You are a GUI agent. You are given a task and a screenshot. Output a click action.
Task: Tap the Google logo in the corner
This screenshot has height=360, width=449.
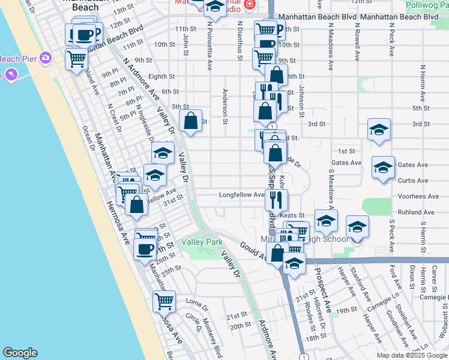click(20, 353)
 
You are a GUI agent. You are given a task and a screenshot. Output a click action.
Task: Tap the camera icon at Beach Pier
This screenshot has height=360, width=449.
click(45, 58)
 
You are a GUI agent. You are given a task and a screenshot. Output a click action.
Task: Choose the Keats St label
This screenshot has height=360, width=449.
click(294, 215)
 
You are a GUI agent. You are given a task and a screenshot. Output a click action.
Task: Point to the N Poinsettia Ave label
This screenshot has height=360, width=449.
click(210, 44)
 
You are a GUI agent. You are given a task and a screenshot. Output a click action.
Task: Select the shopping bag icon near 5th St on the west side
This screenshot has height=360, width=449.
click(190, 120)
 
